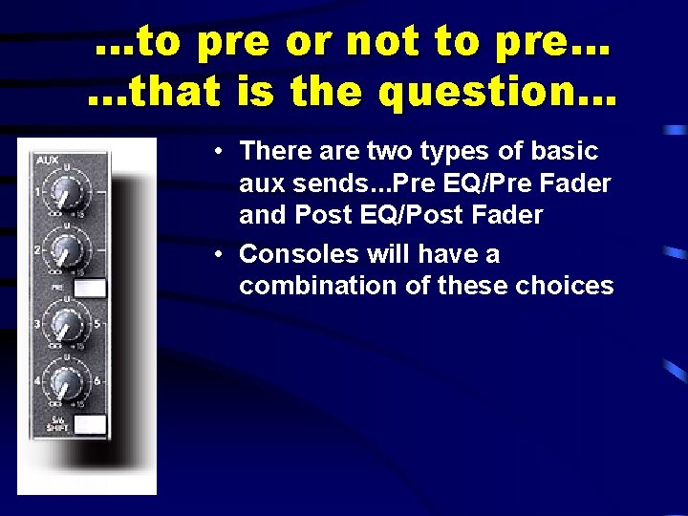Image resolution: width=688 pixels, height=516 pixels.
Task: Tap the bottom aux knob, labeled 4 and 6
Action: click(x=66, y=384)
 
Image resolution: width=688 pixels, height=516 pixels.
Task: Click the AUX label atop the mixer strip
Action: click(x=46, y=160)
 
